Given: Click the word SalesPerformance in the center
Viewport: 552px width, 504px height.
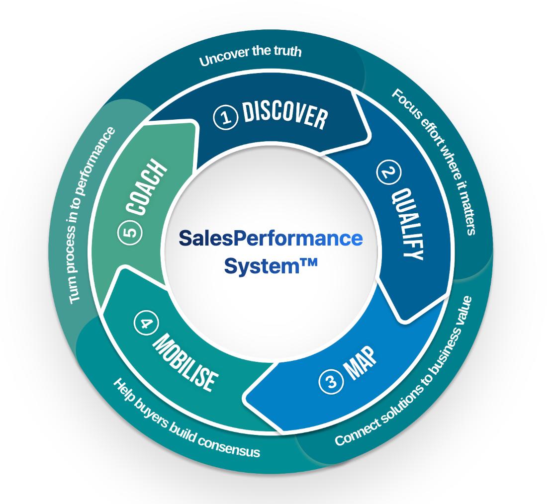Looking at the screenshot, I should [x=271, y=238].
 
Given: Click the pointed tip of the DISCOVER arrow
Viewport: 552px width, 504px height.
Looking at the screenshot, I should [x=368, y=134].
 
